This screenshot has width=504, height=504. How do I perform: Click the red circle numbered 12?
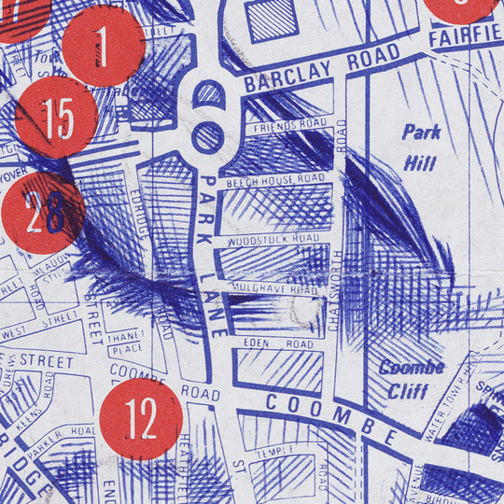point(142,422)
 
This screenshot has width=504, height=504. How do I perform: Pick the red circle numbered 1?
point(103,46)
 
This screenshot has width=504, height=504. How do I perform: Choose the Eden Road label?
point(278,343)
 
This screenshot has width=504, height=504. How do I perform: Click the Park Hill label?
point(421,147)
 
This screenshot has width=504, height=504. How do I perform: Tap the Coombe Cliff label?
point(411,378)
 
